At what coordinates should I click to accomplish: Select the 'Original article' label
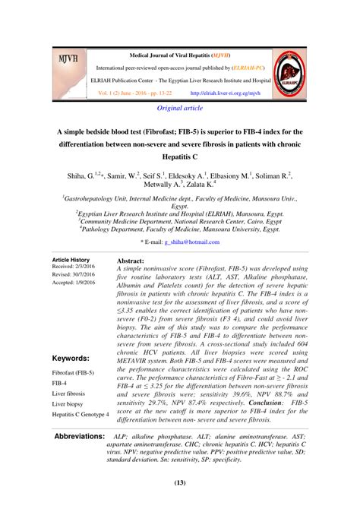(179, 109)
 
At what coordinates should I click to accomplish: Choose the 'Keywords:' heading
(71, 358)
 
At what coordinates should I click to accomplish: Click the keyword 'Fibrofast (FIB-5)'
(73, 375)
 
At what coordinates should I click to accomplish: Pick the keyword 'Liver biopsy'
(68, 404)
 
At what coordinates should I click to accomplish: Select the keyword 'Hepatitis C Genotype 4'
(81, 415)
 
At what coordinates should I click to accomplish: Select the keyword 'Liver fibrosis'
(68, 394)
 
